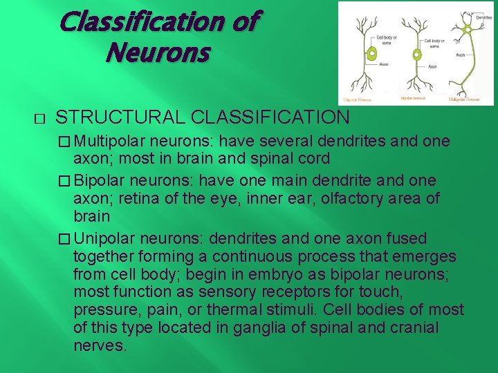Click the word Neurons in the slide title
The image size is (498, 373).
tap(157, 52)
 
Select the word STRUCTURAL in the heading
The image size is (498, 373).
tap(119, 117)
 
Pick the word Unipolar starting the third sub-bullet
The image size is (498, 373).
tap(105, 238)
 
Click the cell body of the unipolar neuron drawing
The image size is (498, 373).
tap(371, 53)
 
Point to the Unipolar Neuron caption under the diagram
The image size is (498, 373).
tap(358, 100)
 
